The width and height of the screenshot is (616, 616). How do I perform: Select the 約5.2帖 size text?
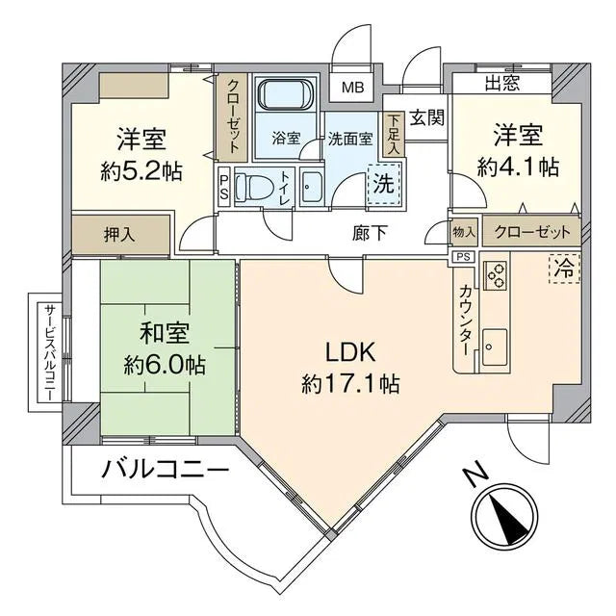(x=141, y=171)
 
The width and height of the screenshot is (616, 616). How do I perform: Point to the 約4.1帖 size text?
(x=519, y=165)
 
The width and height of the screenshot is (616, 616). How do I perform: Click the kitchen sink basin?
(x=495, y=343)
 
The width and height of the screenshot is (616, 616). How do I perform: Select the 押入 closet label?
(x=120, y=234)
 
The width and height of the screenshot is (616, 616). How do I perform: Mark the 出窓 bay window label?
(x=501, y=84)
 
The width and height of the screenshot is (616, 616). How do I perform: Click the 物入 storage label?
(x=464, y=232)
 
